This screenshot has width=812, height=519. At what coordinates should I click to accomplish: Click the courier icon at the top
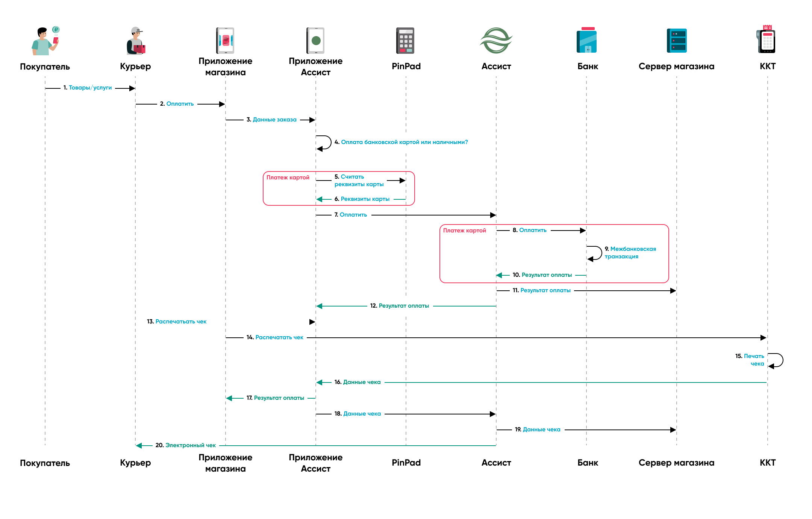pyautogui.click(x=136, y=41)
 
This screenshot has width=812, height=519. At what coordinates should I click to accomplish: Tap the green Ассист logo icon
pyautogui.click(x=496, y=40)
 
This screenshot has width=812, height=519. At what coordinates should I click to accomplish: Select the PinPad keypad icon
pyautogui.click(x=405, y=41)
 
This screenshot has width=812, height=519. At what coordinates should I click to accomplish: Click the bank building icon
pyautogui.click(x=587, y=40)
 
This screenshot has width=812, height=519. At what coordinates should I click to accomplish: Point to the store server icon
pyautogui.click(x=677, y=41)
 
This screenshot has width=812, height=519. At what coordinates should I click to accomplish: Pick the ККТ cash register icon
pyautogui.click(x=767, y=39)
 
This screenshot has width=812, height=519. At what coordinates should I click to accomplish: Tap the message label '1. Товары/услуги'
pyautogui.click(x=88, y=88)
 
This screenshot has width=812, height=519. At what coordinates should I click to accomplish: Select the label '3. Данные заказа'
pyautogui.click(x=271, y=120)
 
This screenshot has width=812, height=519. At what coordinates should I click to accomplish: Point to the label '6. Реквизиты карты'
pyautogui.click(x=362, y=199)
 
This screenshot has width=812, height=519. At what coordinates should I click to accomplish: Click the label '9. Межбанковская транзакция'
pyautogui.click(x=630, y=253)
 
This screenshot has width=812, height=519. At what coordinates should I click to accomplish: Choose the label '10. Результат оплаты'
pyautogui.click(x=542, y=275)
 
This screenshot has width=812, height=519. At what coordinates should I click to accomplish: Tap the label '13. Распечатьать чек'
pyautogui.click(x=177, y=322)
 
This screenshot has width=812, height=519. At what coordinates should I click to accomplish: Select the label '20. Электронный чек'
pyautogui.click(x=186, y=445)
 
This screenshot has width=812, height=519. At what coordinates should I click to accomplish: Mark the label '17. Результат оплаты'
pyautogui.click(x=276, y=398)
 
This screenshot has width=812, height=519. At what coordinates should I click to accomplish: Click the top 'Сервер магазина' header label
pyautogui.click(x=676, y=67)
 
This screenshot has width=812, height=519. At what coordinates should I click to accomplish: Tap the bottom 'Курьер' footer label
pyautogui.click(x=135, y=463)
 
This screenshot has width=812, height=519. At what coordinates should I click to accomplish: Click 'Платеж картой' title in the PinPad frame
pyautogui.click(x=288, y=178)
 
